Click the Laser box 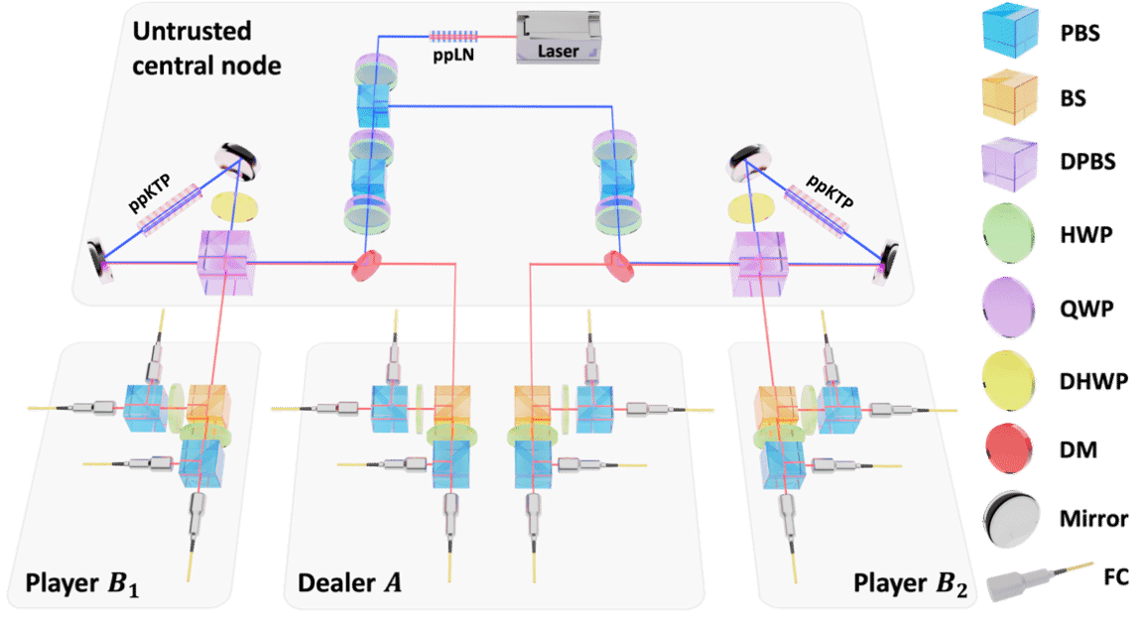[x=560, y=37]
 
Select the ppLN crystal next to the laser [x=454, y=37]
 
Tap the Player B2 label [x=909, y=581]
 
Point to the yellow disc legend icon [x=1009, y=379]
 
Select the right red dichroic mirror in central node [x=618, y=263]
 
